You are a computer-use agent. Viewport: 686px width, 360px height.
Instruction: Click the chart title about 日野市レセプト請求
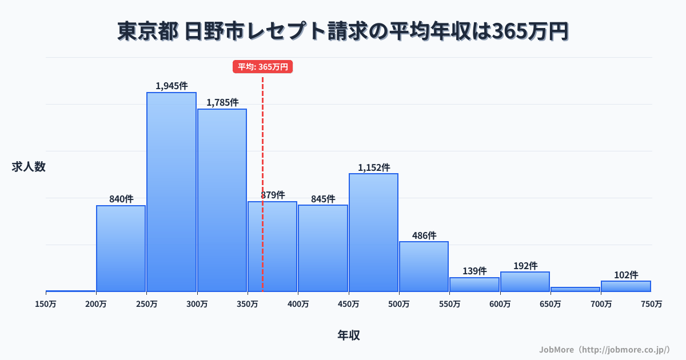pos(343,31)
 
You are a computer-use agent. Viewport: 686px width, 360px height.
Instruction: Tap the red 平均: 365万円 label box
pos(263,67)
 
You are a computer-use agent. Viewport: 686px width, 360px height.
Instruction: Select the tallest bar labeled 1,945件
pos(171,192)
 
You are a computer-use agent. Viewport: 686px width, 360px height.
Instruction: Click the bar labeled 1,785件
pos(222,200)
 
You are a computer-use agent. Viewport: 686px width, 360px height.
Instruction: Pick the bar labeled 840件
pos(121,249)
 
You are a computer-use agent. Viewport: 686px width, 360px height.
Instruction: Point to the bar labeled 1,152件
pos(373,233)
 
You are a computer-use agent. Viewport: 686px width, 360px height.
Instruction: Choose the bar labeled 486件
pos(424,267)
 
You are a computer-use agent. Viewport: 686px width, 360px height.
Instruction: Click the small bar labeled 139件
pos(474,285)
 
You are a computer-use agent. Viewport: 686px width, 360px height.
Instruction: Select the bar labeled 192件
pos(525,282)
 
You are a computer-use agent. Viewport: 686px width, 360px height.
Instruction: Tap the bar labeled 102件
pos(626,286)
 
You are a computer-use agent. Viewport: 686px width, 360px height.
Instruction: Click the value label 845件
pos(323,199)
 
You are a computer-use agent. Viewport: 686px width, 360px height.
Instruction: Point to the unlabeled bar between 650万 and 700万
pos(575,289)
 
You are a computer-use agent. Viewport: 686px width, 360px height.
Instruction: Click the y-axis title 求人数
pos(29,167)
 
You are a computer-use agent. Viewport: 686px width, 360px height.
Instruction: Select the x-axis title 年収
pos(349,335)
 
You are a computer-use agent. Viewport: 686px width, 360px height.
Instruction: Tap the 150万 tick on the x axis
pos(46,304)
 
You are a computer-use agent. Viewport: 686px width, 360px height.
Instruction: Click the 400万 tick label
pos(298,304)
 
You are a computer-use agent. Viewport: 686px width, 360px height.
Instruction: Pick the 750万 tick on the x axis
pos(652,304)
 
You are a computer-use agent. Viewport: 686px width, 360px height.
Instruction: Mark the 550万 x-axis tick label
pos(449,304)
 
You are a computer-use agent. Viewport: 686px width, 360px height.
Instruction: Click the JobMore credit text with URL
pos(604,349)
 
